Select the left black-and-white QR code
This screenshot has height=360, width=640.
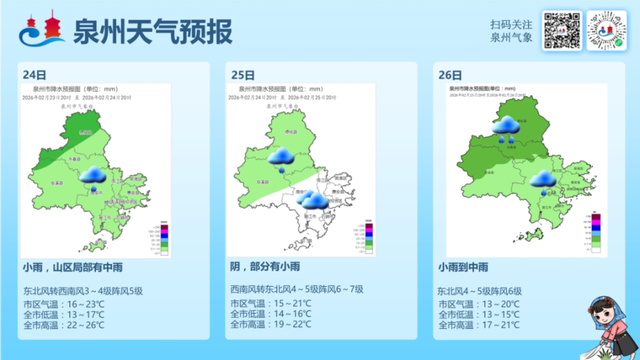561,31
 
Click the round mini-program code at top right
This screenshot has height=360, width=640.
607,31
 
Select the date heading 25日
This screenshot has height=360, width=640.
242,74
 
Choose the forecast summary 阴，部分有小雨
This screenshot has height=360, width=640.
265,267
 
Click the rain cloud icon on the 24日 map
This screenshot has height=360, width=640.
93,175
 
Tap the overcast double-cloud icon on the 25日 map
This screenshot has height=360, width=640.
312,199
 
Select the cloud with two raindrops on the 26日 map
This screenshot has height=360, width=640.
507,128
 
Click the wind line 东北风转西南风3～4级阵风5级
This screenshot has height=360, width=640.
83,291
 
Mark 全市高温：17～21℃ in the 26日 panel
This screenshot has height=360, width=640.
479,325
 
